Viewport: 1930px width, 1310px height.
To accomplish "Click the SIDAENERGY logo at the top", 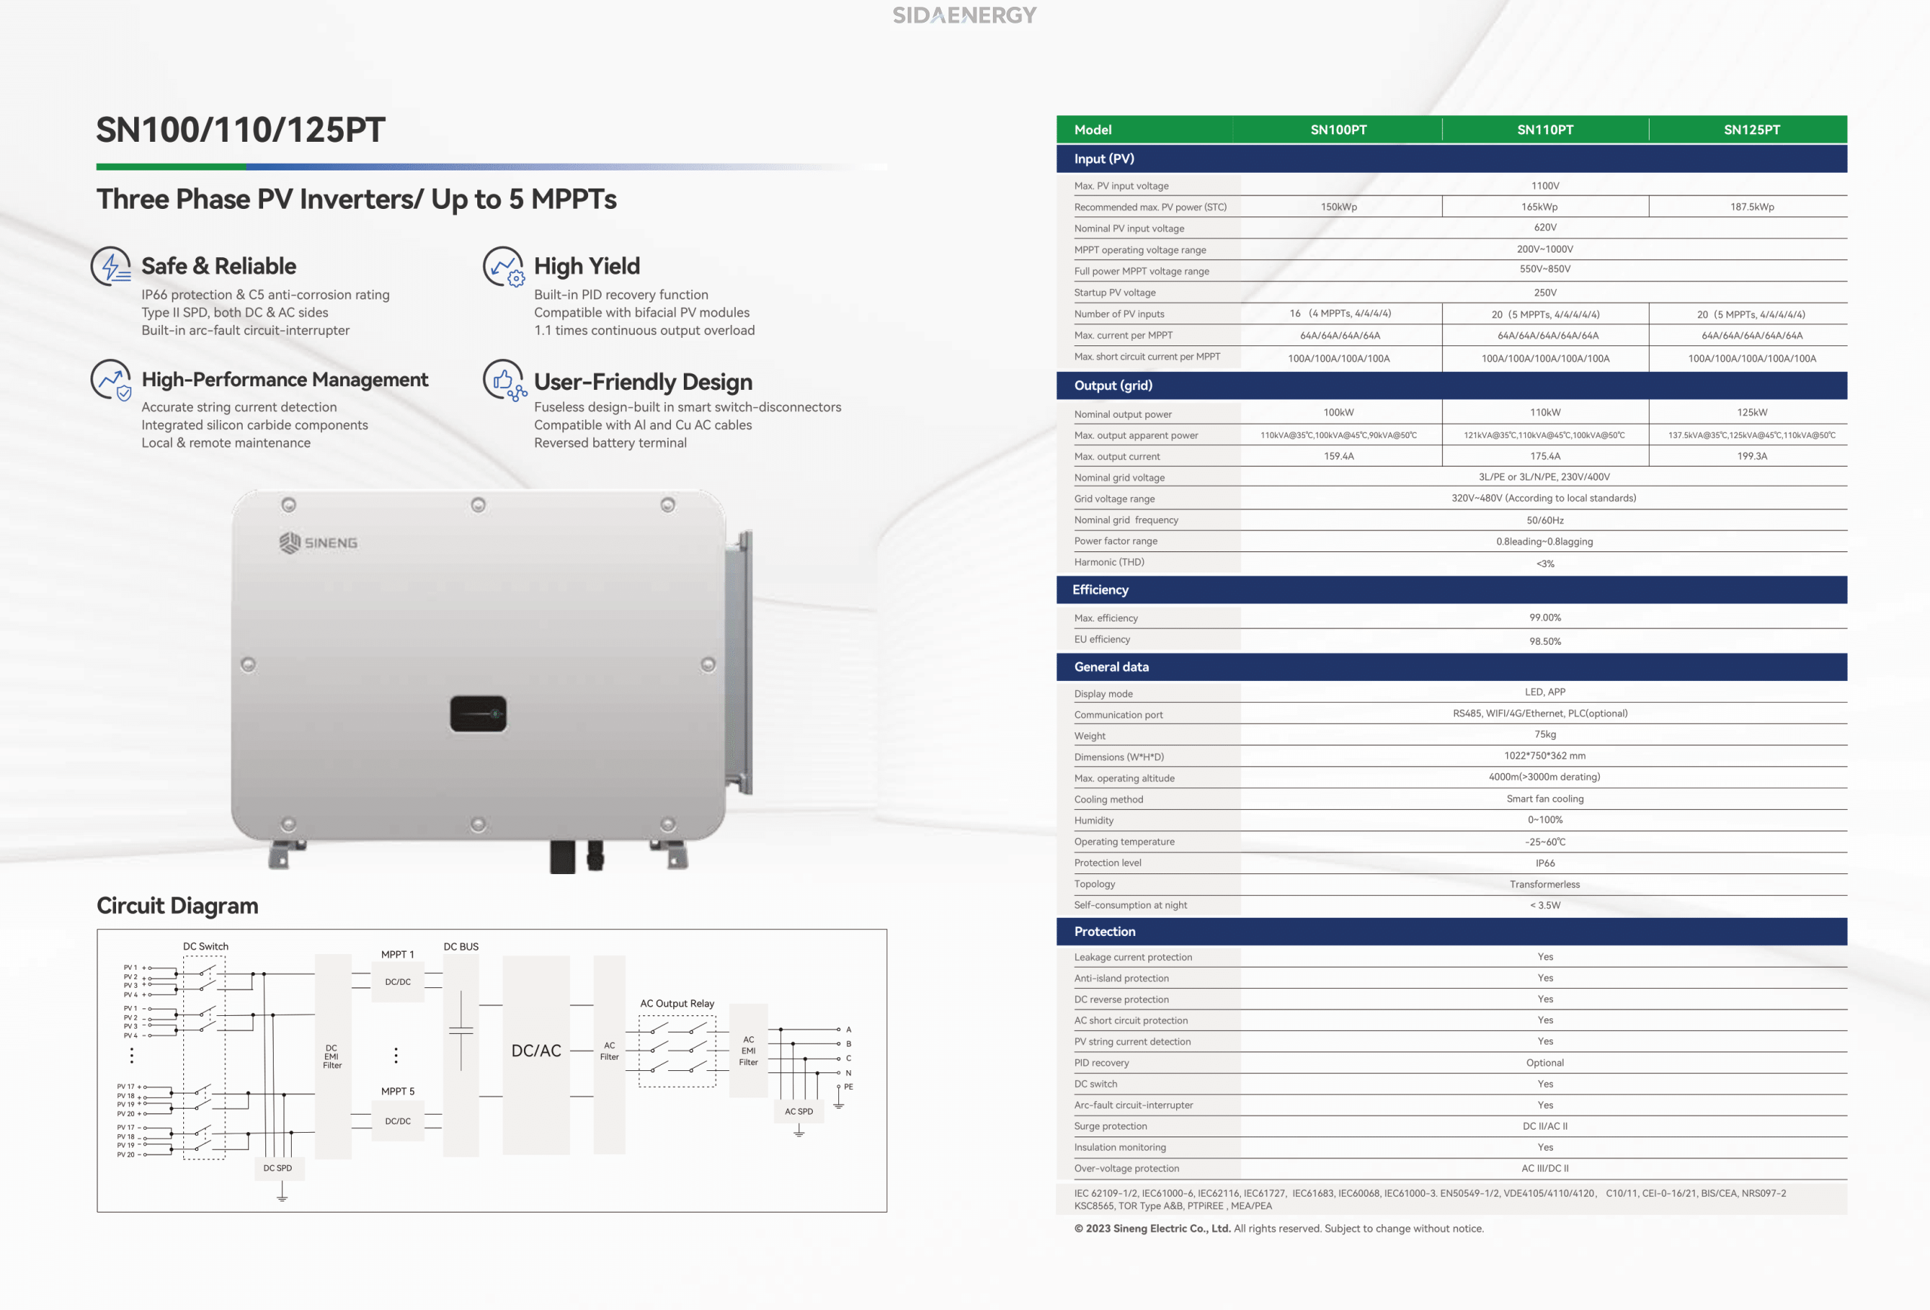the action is coord(964,15).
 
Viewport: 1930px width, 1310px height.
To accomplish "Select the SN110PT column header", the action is coord(1545,130).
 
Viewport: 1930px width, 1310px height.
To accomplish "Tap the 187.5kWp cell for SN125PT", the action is coord(1751,207).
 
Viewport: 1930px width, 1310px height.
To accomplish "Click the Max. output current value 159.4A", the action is coord(1339,456).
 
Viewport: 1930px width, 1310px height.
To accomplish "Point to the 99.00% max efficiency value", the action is coord(1545,617).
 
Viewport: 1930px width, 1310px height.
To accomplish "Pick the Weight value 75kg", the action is coord(1545,735).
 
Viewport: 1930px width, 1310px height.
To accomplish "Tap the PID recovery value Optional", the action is coord(1545,1063).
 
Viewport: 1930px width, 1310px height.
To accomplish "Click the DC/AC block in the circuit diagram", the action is coord(535,1054).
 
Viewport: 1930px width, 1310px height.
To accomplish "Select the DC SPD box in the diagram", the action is coord(277,1168).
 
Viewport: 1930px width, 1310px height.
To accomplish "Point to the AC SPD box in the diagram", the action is coord(799,1112).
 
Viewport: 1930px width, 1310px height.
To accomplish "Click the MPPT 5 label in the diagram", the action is coord(398,1091).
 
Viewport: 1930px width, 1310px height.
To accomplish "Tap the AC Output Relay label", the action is coord(677,1004).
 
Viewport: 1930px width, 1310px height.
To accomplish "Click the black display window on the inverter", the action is coord(478,713).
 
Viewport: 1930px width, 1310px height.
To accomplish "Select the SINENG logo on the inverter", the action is coord(318,542).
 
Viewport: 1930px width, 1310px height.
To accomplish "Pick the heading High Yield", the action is coord(587,265).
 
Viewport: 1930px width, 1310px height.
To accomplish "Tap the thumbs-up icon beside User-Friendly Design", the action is coord(504,380).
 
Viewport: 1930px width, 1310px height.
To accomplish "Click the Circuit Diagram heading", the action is coord(177,906).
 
